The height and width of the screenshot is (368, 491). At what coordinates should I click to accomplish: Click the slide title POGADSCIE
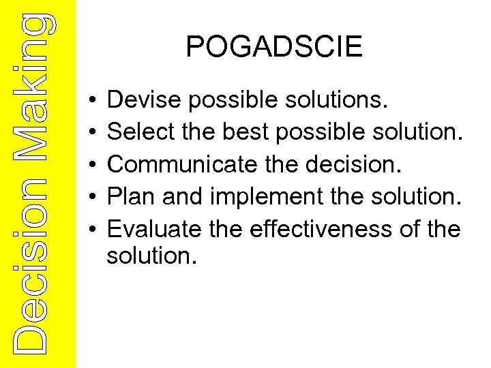point(274,47)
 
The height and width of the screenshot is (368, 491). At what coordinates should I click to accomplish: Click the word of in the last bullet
point(411,230)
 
